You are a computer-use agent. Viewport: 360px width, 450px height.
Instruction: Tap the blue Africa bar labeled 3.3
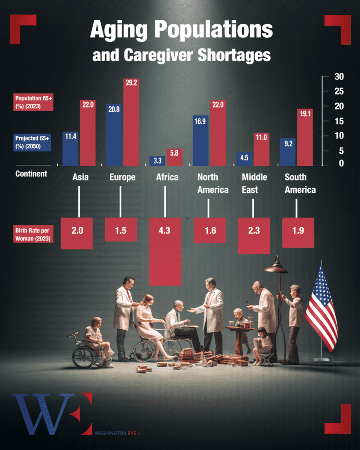pos(157,160)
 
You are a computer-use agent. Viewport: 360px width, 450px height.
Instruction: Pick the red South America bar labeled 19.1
pos(305,137)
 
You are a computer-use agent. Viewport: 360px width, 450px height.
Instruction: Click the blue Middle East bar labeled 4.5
pos(244,159)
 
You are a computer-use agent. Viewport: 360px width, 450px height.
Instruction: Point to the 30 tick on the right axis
pos(338,77)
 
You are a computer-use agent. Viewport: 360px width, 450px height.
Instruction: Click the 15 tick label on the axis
pos(338,121)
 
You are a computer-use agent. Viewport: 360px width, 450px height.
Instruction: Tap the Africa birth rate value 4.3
pos(165,230)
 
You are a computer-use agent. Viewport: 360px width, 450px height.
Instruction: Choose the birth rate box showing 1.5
pos(121,230)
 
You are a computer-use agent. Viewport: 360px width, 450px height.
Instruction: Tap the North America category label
pos(213,183)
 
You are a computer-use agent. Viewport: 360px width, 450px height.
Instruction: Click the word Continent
pos(31,174)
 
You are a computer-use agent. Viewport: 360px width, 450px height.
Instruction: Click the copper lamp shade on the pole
pos(276,266)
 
